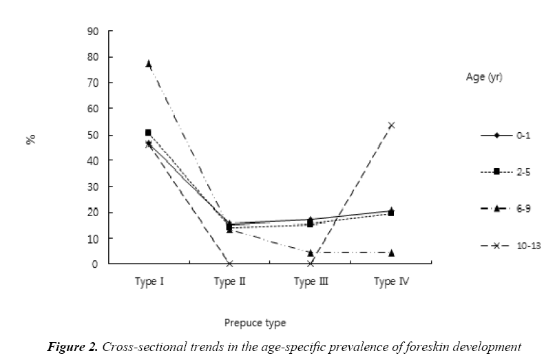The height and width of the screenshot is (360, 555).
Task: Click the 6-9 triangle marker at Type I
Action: [148, 63]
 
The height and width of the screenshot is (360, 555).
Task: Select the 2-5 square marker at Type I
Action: [148, 132]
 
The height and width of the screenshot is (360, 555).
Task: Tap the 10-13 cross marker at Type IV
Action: [391, 125]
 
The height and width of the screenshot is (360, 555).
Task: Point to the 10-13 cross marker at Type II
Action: [229, 264]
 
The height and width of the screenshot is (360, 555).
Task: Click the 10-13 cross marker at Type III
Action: [311, 264]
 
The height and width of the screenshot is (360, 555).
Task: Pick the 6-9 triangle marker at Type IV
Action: [391, 253]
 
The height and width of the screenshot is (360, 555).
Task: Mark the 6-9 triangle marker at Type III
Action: [311, 253]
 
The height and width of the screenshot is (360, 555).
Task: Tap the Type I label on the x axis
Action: [148, 282]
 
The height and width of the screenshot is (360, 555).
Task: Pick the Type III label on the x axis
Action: [311, 282]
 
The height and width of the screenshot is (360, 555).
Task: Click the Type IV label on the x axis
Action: [391, 282]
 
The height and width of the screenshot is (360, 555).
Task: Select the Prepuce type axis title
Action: [254, 321]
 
